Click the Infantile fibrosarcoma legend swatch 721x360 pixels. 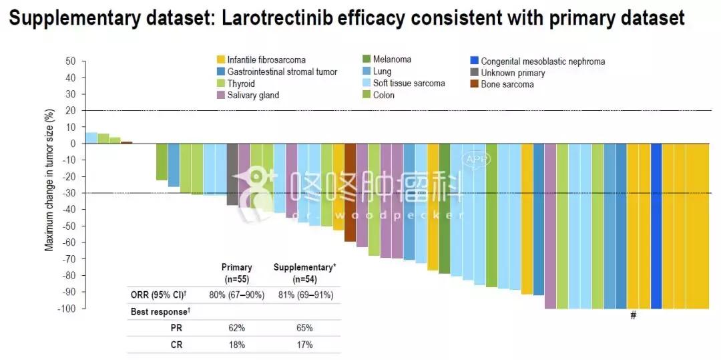[220, 60]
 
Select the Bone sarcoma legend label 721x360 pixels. [507, 85]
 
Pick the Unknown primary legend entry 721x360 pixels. [512, 73]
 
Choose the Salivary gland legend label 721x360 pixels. [253, 95]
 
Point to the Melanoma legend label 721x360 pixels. [392, 59]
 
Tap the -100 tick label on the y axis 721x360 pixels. [67, 309]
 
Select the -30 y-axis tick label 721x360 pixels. [69, 193]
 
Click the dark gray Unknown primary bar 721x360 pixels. [232, 174]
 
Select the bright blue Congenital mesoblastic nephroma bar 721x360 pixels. [656, 226]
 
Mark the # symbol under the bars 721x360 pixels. [633, 316]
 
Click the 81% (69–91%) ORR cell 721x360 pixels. [304, 295]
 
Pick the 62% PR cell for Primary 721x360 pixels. [236, 328]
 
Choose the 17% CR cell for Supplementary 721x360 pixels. [304, 345]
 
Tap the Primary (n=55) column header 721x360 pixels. [236, 273]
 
